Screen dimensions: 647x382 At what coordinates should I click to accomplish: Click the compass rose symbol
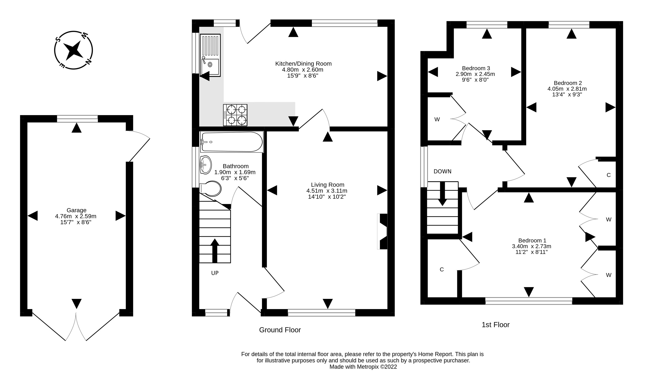tap(73, 50)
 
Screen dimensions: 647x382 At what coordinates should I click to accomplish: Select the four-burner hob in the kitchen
tap(235, 115)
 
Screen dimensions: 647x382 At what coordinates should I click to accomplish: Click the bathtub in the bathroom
tap(232, 142)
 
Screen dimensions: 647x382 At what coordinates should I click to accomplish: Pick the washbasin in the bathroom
tap(206, 165)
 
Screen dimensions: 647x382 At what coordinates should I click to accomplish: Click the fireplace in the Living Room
tap(382, 232)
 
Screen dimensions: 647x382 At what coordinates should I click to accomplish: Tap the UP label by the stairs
tap(215, 273)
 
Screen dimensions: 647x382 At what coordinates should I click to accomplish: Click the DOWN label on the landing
tap(442, 171)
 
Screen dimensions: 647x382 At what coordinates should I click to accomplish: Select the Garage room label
tap(76, 210)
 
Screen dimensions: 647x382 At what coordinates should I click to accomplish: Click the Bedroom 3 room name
tap(476, 68)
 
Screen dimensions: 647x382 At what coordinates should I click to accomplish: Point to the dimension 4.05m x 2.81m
tap(567, 89)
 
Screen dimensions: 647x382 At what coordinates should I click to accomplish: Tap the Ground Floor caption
tap(280, 330)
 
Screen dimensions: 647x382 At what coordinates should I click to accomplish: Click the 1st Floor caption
tap(496, 325)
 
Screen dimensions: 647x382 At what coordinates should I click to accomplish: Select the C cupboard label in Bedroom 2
tap(609, 175)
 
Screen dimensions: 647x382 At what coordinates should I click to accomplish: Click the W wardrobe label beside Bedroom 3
tap(437, 119)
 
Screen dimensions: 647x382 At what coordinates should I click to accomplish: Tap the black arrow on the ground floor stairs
tap(215, 250)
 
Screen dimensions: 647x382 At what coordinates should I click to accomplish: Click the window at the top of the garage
tap(77, 119)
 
